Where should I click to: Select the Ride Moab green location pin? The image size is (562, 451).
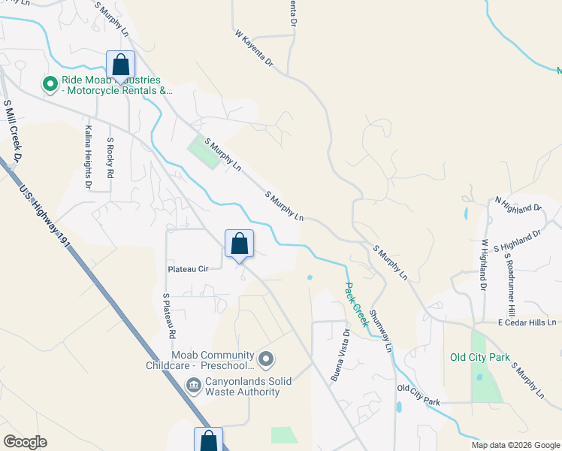(x=50, y=85)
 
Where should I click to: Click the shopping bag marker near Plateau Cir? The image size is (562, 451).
(x=239, y=244)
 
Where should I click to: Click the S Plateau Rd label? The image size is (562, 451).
(x=169, y=315)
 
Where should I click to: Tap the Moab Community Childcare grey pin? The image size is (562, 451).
(x=264, y=359)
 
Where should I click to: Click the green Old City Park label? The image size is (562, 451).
(x=479, y=357)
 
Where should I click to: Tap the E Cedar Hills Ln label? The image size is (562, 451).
(x=526, y=323)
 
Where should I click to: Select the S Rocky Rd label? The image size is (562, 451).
(x=110, y=158)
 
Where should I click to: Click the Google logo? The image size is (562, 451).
(x=25, y=442)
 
